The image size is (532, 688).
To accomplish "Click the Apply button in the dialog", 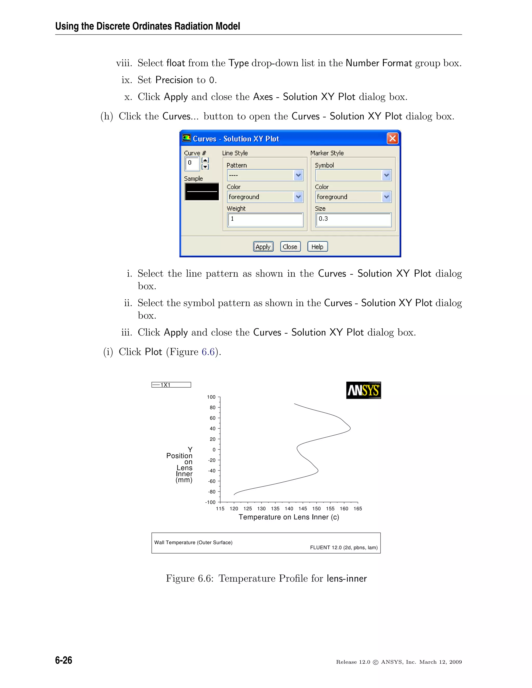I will tap(263, 247).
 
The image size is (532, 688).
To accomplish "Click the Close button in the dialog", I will tap(290, 247).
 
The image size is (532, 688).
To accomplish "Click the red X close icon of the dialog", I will tap(393, 138).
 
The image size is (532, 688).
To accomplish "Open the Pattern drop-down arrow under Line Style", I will tap(298, 175).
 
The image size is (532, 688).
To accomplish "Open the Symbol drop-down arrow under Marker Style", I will tap(386, 175).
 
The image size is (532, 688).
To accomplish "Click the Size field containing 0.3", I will tap(353, 219).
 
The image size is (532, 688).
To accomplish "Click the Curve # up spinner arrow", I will tap(205, 160).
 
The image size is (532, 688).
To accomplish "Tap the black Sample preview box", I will tap(202, 192).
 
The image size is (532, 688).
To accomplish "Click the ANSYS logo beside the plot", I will tap(363, 390).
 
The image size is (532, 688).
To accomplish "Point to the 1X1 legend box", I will tap(171, 385).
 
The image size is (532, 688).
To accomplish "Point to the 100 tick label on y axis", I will tap(211, 397).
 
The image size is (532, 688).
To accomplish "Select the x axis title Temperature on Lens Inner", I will tap(289, 517).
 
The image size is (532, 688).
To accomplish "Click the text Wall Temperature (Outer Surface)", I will tap(193, 542).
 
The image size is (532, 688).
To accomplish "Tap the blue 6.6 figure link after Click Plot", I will tap(208, 352).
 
